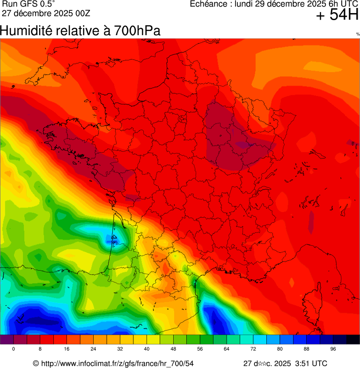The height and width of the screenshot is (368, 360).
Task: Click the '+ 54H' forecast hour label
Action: [337, 15]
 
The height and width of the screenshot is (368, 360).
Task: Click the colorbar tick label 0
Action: [14, 349]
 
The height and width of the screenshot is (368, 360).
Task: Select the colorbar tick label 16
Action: [67, 349]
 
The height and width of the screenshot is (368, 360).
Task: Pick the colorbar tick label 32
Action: [120, 349]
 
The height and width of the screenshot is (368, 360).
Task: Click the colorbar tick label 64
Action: [227, 349]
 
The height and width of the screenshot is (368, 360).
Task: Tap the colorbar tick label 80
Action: [280, 349]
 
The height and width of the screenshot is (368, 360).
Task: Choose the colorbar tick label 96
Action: [333, 349]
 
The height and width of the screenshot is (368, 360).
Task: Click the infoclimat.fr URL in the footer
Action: [118, 363]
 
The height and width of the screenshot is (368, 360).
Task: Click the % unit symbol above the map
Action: [358, 34]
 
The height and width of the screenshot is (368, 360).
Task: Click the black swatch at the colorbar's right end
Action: [353, 340]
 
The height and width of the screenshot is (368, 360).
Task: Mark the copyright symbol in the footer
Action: [36, 363]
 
